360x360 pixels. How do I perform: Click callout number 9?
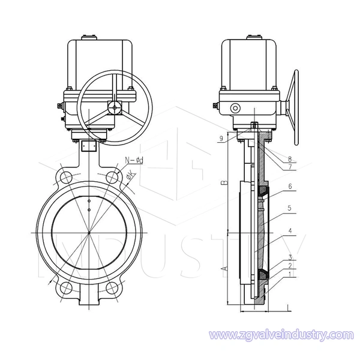click(221, 138)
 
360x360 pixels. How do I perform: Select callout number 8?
click(290, 158)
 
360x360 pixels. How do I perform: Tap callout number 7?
click(290, 167)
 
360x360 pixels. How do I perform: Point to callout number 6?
click(290, 186)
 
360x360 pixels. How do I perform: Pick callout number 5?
click(290, 208)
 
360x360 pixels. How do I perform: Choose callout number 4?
click(290, 231)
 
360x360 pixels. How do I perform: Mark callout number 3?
click(290, 257)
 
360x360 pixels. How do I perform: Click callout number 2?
click(290, 266)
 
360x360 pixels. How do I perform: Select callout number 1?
click(290, 274)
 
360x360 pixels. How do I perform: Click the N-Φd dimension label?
click(134, 160)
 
